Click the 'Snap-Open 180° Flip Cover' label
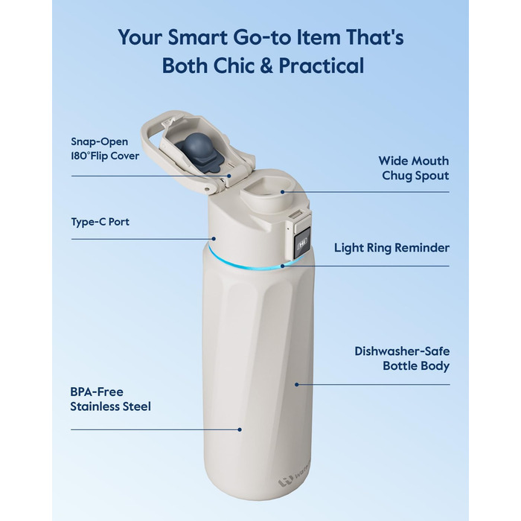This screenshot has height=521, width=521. pyautogui.click(x=105, y=149)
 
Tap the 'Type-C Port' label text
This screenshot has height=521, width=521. pyautogui.click(x=100, y=222)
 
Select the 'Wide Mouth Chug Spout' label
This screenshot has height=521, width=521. pyautogui.click(x=414, y=168)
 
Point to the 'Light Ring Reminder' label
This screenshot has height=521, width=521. pyautogui.click(x=391, y=248)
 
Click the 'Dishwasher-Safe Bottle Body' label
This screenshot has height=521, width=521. pyautogui.click(x=402, y=358)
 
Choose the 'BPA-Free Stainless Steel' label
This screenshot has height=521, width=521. pyautogui.click(x=110, y=399)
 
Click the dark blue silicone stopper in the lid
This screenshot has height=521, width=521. pyautogui.click(x=194, y=153)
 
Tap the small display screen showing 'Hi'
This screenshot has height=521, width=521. pyautogui.click(x=301, y=243)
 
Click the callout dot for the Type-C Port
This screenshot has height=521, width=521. pyautogui.click(x=214, y=239)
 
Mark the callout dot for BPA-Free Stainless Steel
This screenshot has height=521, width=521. pyautogui.click(x=240, y=429)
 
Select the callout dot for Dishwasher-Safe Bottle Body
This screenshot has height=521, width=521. pyautogui.click(x=297, y=385)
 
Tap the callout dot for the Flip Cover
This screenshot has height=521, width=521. pyautogui.click(x=229, y=176)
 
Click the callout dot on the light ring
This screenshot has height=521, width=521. pyautogui.click(x=282, y=266)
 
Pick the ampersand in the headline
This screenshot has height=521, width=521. pyautogui.click(x=266, y=65)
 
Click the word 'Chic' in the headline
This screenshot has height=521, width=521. pyautogui.click(x=233, y=65)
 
